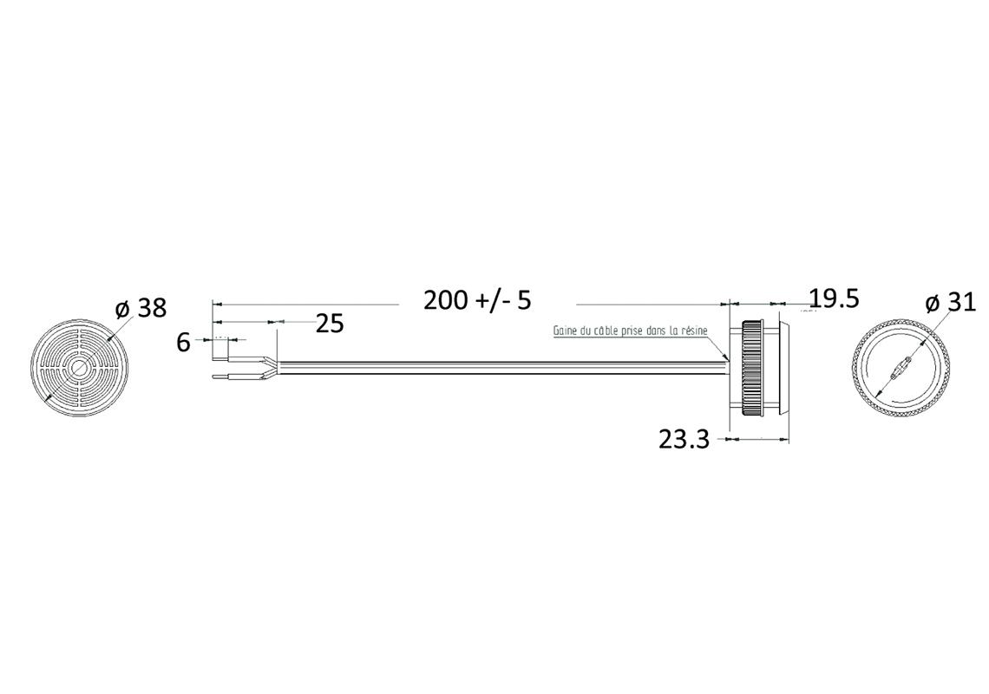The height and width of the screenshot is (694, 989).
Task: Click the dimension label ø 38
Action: (141, 309)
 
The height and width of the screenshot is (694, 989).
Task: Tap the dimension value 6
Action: (184, 344)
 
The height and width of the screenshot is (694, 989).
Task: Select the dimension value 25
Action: (330, 324)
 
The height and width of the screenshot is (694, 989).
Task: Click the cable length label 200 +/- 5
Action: (477, 300)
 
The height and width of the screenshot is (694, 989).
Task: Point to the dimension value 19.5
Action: (834, 298)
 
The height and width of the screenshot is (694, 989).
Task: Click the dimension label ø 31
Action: (951, 304)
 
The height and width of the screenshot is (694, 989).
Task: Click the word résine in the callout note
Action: (696, 331)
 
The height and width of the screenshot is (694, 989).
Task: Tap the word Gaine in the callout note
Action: (564, 331)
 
